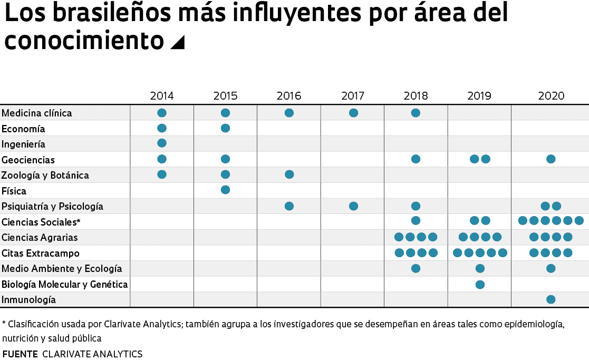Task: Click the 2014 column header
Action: [162, 96]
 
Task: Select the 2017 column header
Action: [353, 96]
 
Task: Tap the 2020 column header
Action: [551, 96]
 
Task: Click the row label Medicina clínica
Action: [37, 113]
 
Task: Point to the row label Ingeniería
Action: [24, 144]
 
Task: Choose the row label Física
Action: [14, 191]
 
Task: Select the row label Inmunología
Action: [29, 300]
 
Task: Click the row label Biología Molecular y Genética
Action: [65, 285]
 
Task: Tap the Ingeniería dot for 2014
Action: [162, 143]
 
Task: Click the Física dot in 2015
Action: [225, 190]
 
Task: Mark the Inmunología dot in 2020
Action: [551, 299]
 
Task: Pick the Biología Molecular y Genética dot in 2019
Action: [480, 285]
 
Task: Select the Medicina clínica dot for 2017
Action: [353, 113]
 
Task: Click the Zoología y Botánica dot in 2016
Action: [289, 174]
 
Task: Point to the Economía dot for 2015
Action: [225, 128]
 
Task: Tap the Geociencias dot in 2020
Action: [551, 159]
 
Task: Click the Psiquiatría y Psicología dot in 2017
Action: [353, 206]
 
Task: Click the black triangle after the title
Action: [178, 42]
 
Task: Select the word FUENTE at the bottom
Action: [20, 354]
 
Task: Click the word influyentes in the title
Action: [280, 14]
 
